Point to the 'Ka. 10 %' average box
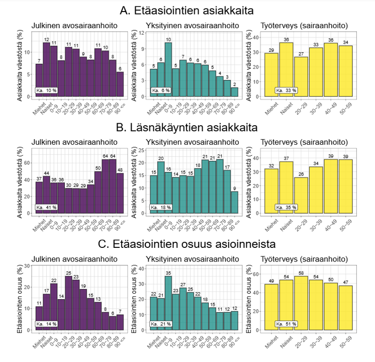pos(47,90)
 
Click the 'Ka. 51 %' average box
pos(287,324)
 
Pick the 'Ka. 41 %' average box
pos(47,207)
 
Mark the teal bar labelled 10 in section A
pos(168,69)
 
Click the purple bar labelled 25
pos(68,302)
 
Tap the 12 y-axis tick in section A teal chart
pos(142,32)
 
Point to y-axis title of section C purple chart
pos(21,297)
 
